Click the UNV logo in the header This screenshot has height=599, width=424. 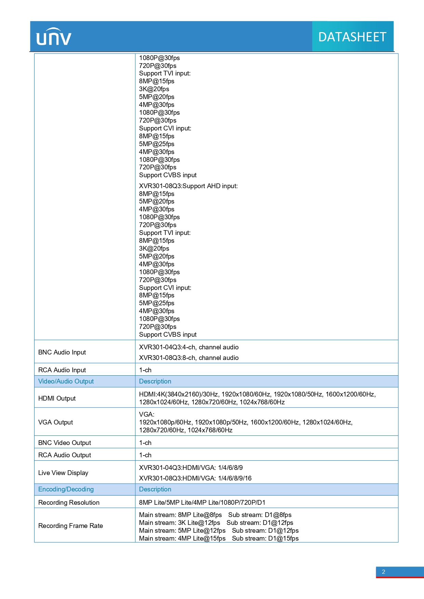(x=54, y=37)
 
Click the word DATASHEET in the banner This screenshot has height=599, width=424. (x=352, y=37)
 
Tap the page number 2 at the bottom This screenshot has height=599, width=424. (x=383, y=572)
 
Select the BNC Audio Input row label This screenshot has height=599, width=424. (x=62, y=352)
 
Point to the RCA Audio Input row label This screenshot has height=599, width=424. (x=62, y=370)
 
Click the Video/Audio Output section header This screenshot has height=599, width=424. (x=66, y=381)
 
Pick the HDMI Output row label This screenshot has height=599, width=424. (x=57, y=398)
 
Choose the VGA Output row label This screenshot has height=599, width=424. (x=55, y=422)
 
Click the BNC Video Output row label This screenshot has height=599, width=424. (x=65, y=443)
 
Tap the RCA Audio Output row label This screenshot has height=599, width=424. (x=65, y=455)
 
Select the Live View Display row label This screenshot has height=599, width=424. (x=63, y=473)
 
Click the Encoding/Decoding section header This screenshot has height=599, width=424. (x=66, y=489)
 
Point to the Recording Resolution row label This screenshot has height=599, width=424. (x=69, y=502)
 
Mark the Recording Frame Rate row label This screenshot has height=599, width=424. (x=70, y=526)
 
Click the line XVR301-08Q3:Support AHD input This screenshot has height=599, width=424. (x=188, y=186)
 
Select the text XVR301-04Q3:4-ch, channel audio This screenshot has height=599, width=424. (x=189, y=347)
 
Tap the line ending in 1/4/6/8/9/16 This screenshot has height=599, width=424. (x=195, y=478)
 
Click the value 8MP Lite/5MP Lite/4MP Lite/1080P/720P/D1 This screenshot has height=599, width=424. (x=202, y=502)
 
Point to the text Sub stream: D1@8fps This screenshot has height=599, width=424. (x=260, y=515)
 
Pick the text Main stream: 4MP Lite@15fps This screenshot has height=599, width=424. (x=182, y=538)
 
